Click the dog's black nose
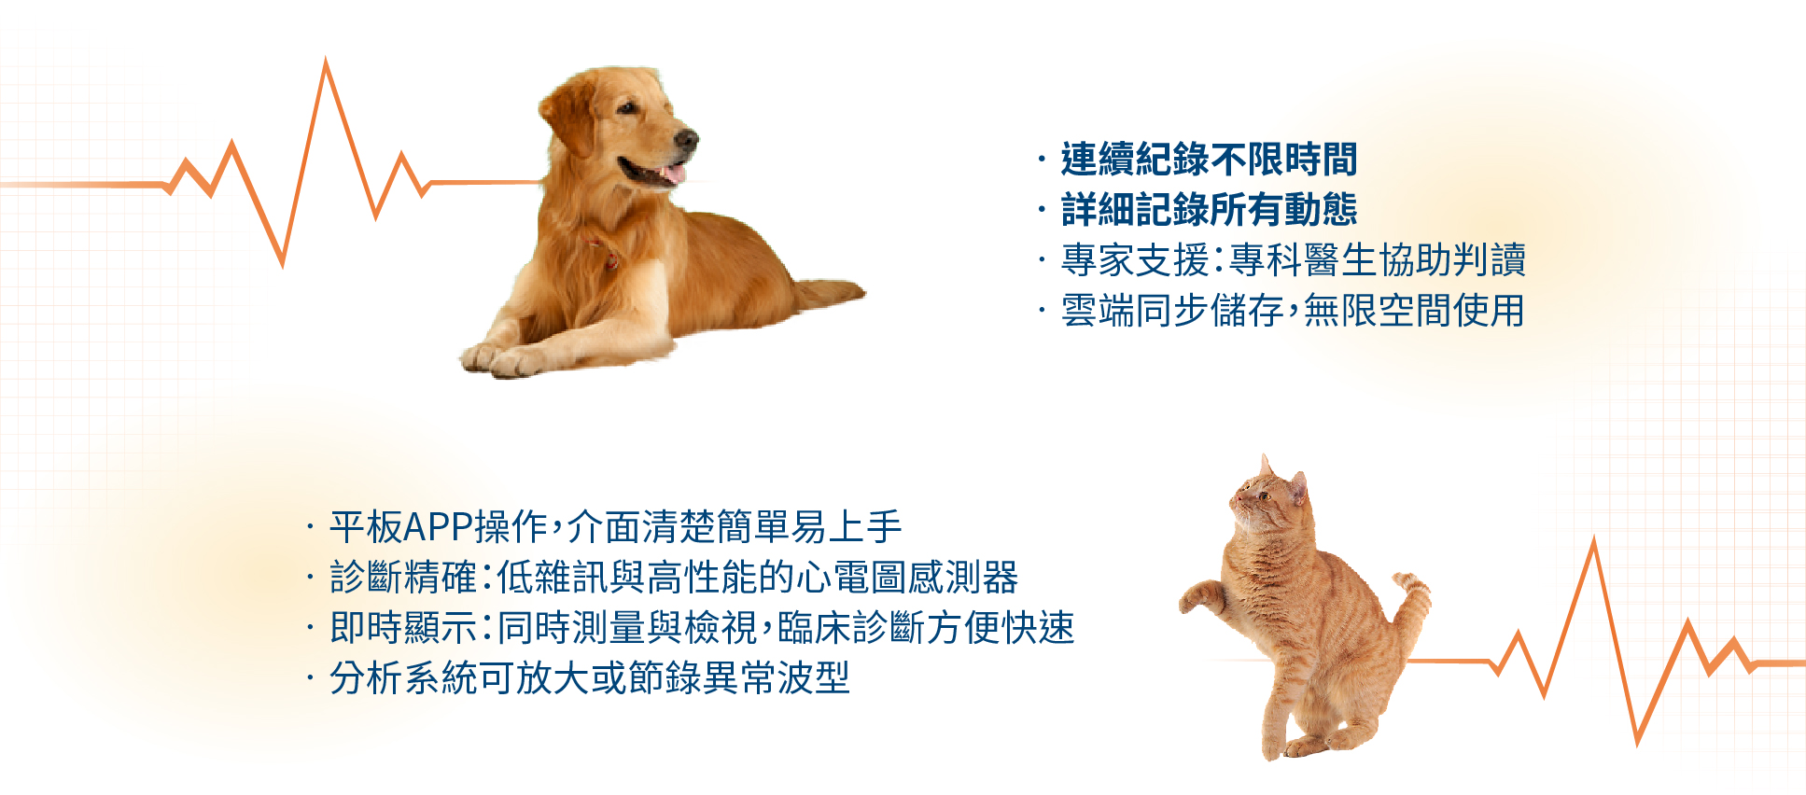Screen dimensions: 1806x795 (x=687, y=140)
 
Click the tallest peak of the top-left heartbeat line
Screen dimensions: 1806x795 (x=326, y=61)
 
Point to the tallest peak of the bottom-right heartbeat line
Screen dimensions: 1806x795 (x=1594, y=540)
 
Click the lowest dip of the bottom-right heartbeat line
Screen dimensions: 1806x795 (x=1637, y=743)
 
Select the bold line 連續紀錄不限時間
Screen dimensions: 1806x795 (x=1209, y=160)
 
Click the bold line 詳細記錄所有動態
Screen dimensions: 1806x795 (x=1209, y=210)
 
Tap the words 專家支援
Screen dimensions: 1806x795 (x=1135, y=260)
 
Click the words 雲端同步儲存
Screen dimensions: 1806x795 (x=1172, y=311)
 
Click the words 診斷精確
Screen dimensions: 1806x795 (x=403, y=578)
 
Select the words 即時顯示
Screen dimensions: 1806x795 (x=403, y=628)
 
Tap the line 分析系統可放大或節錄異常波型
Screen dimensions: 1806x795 (x=590, y=678)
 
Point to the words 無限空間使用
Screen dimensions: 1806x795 (x=1414, y=311)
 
